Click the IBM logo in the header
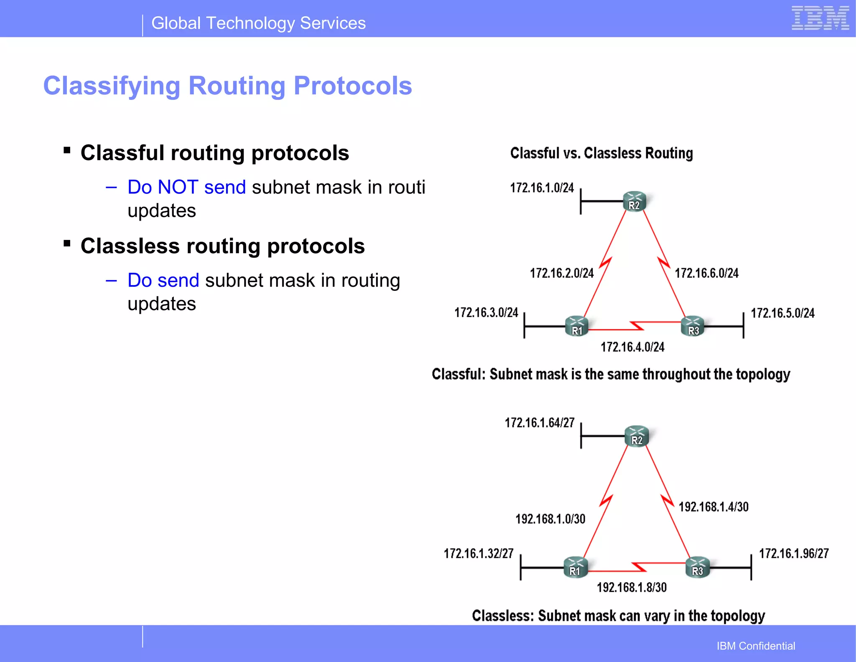(820, 18)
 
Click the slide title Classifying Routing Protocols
(227, 86)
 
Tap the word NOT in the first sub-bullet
(178, 187)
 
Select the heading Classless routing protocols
(222, 246)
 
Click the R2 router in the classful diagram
(634, 201)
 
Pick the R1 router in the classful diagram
(577, 326)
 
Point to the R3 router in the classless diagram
(697, 567)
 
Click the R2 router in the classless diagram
(637, 436)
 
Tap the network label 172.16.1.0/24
(542, 188)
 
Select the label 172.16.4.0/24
(632, 347)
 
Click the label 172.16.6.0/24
(706, 273)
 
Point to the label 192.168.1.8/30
(632, 588)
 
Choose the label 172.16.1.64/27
(540, 423)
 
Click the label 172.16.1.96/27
(793, 554)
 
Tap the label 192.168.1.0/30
(550, 519)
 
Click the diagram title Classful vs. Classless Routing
(601, 153)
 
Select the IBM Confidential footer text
(756, 646)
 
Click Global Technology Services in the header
(258, 23)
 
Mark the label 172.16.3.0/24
(486, 313)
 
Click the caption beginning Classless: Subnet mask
(618, 616)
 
